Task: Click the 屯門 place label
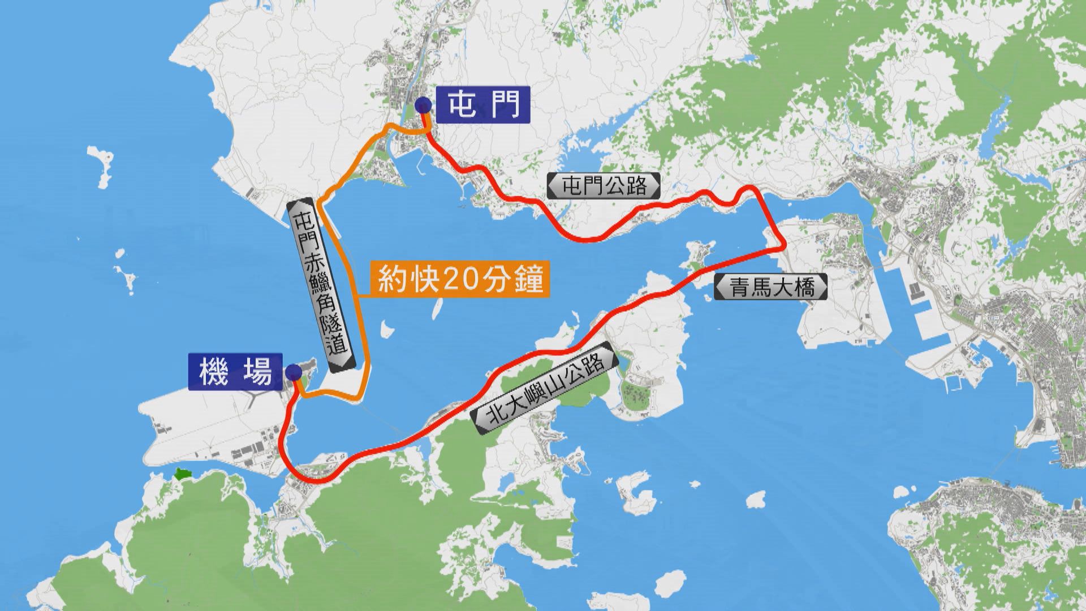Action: (x=484, y=105)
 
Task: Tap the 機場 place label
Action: (x=236, y=372)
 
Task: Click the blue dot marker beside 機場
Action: (x=294, y=372)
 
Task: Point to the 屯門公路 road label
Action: (x=604, y=186)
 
